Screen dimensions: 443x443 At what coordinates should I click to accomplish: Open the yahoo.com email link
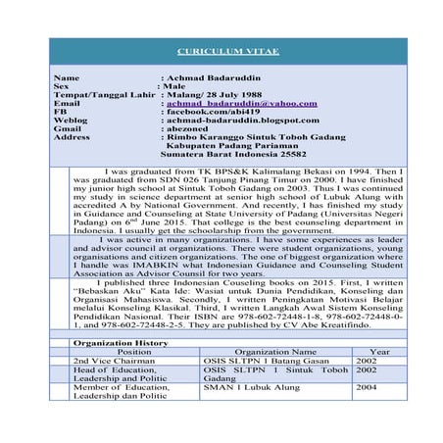tap(241, 102)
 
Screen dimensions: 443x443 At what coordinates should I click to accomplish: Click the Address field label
tap(73, 137)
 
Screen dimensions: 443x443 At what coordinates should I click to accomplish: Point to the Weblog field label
tap(72, 120)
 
